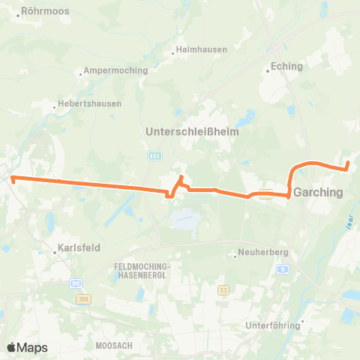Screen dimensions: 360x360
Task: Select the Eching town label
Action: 287,66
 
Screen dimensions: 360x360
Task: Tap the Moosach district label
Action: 114,345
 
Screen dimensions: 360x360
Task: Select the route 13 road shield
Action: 223,289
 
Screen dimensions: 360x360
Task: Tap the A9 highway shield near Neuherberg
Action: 282,268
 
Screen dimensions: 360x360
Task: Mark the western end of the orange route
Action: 13,178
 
